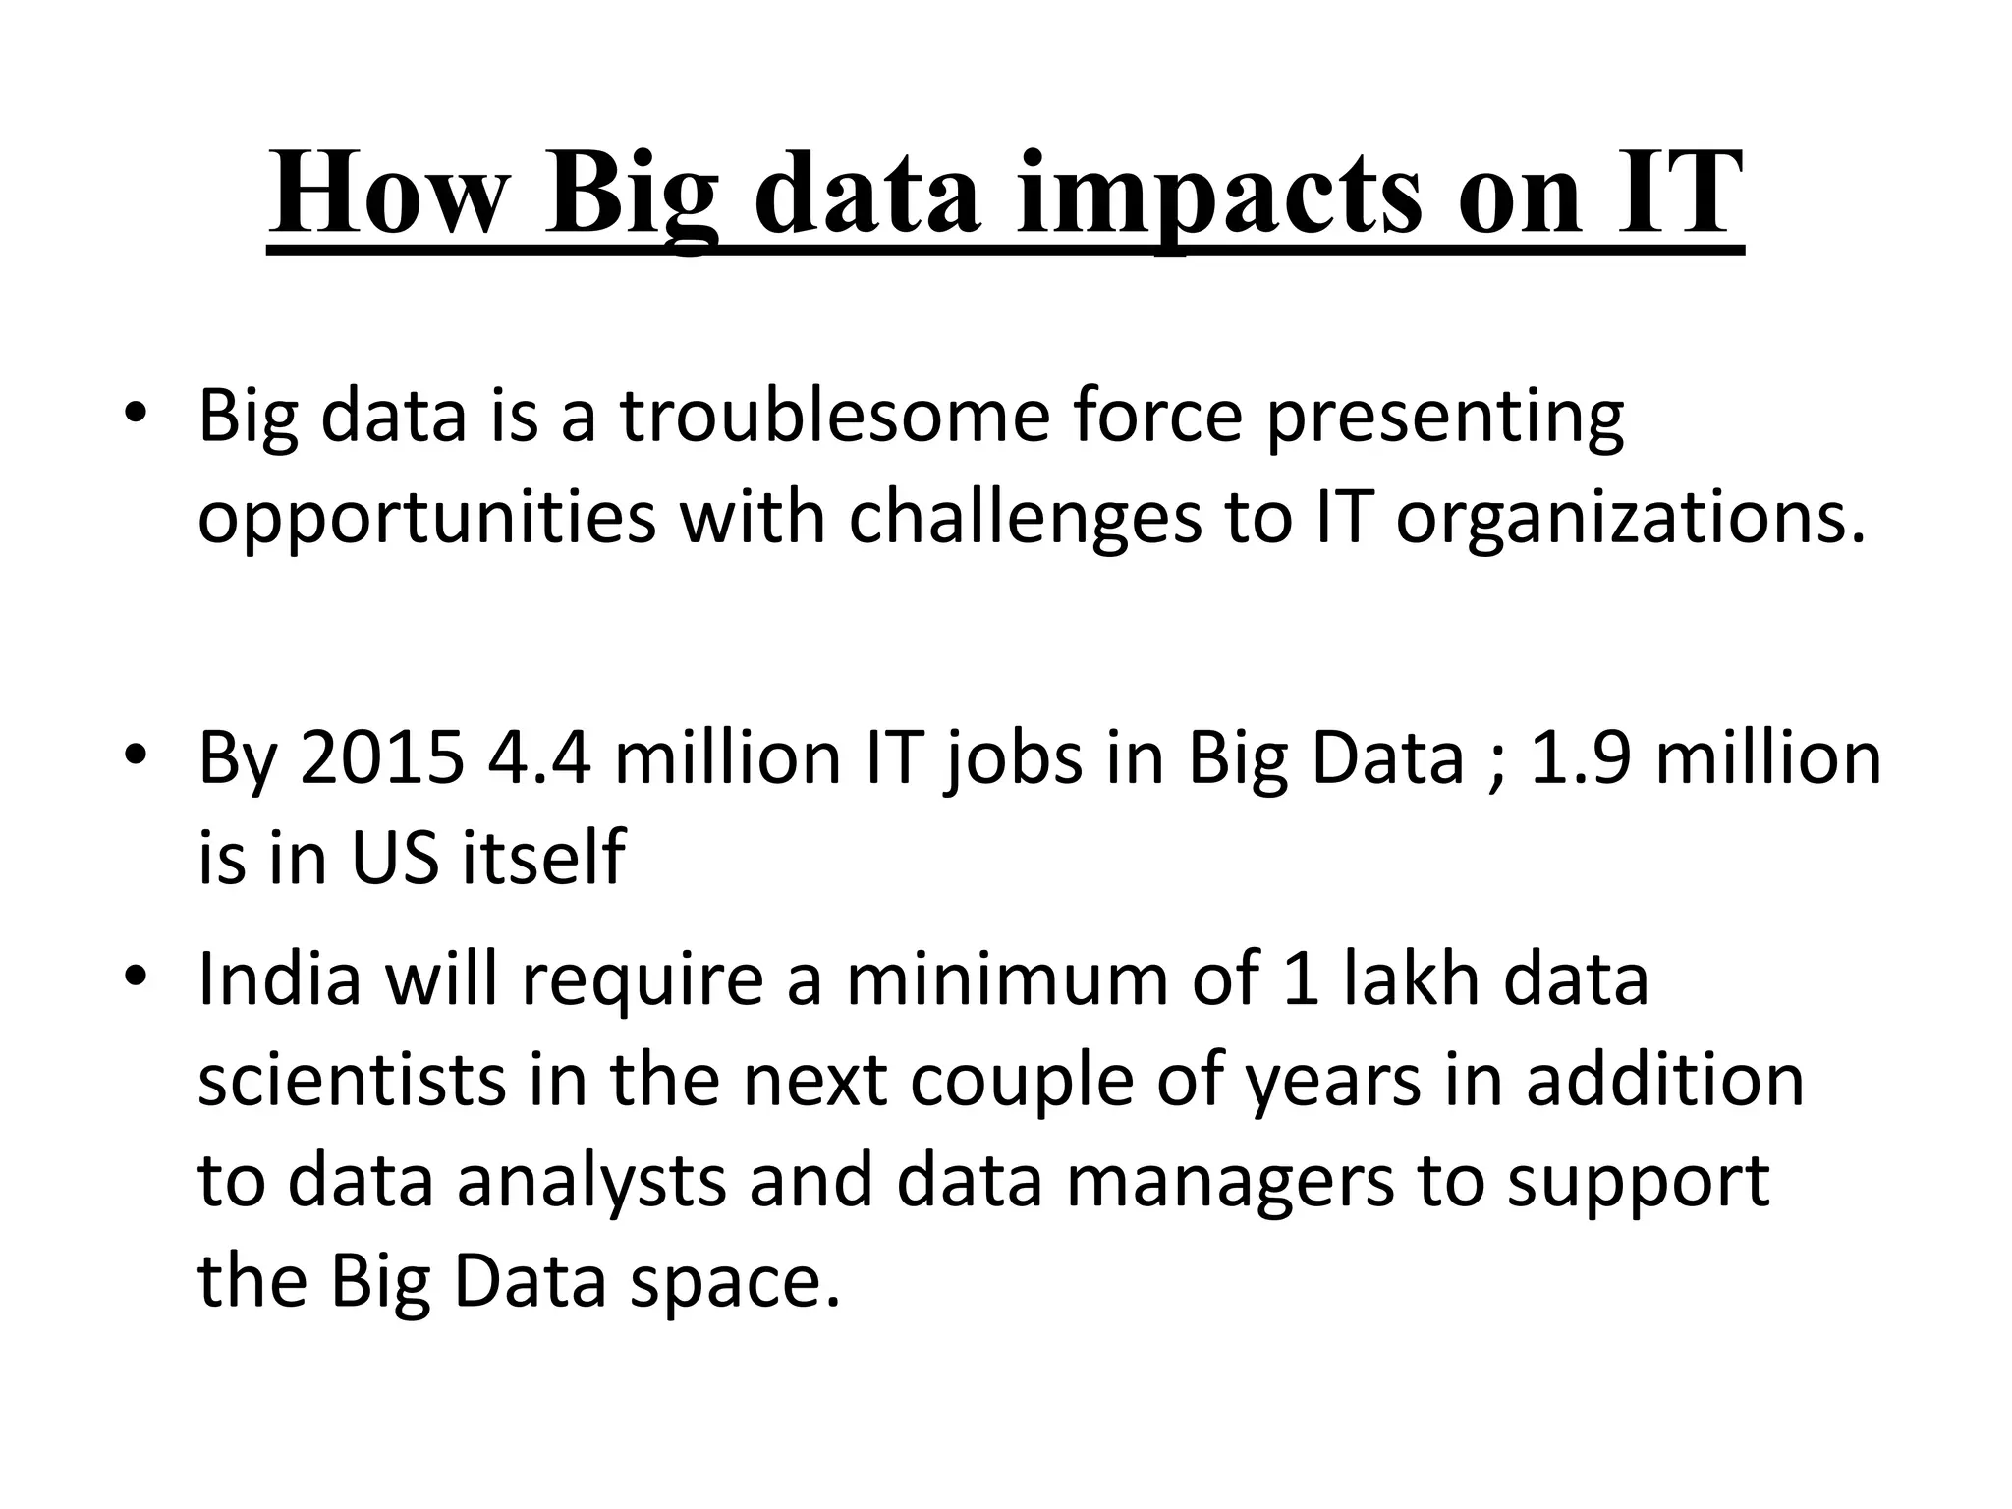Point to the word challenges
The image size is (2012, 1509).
coord(1025,518)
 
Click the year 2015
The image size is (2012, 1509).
coord(381,757)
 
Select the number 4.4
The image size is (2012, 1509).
coord(538,757)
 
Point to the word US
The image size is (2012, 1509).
coord(394,858)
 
